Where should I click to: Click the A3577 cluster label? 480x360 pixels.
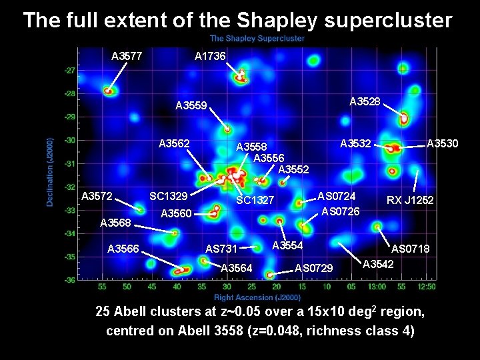[127, 56]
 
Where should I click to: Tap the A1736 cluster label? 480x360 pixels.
[209, 56]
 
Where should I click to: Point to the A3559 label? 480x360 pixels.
[192, 105]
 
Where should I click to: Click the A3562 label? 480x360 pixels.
[175, 143]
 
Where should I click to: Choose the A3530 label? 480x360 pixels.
[442, 143]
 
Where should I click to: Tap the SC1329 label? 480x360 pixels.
[168, 197]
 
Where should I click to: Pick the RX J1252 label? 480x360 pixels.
[411, 200]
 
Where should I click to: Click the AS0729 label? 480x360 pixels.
[314, 268]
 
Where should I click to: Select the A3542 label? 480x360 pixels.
[378, 264]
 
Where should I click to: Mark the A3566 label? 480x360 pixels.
[123, 249]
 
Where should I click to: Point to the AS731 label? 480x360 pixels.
[221, 249]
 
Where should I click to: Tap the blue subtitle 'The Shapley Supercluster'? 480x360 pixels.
[257, 39]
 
